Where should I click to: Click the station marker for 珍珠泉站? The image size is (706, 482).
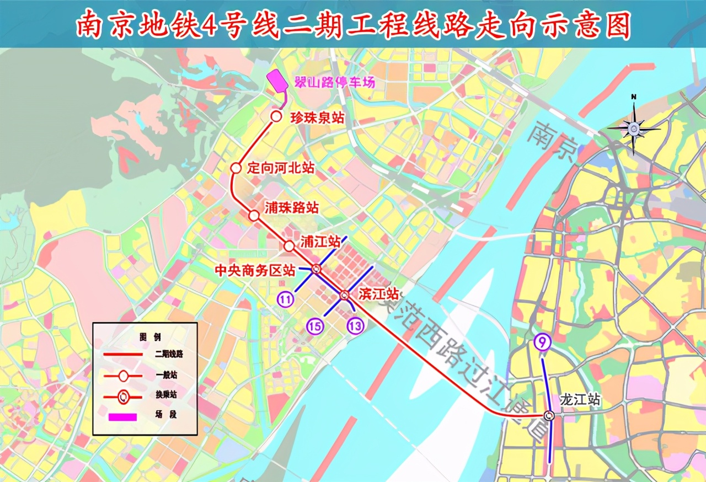tap(276, 116)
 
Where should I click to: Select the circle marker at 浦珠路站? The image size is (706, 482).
tap(254, 216)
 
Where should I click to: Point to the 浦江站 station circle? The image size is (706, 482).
tap(289, 246)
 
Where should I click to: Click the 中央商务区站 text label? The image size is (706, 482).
tap(255, 271)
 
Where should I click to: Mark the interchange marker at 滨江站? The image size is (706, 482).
tap(344, 294)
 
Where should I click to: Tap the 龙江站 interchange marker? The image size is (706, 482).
tap(548, 415)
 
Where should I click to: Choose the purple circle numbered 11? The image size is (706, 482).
tap(285, 299)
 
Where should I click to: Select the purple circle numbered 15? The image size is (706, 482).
tap(315, 326)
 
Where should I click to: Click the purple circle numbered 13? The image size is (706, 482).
tap(355, 326)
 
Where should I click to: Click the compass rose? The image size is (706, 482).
tap(634, 128)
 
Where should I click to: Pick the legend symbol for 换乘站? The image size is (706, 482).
tap(123, 396)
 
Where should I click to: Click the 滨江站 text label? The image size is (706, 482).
tap(378, 294)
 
